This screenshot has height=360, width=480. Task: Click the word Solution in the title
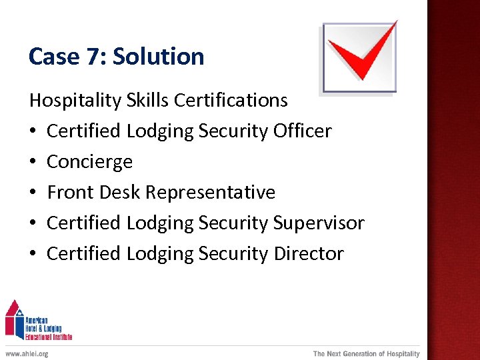(159, 57)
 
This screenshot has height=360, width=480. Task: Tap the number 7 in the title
(92, 57)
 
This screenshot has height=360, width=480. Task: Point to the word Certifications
(231, 101)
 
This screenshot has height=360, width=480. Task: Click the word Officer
(302, 131)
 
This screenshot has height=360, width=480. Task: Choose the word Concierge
(90, 162)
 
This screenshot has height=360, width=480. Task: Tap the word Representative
(210, 193)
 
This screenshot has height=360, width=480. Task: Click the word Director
(309, 254)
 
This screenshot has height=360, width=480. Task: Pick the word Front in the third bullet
(71, 193)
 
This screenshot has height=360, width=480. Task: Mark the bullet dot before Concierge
(33, 163)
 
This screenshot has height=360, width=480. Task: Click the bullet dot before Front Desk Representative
(33, 193)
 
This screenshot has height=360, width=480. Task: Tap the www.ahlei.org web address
(27, 353)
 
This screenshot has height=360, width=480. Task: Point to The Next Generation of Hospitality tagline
(367, 353)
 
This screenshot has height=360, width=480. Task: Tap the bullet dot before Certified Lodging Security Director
(33, 255)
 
